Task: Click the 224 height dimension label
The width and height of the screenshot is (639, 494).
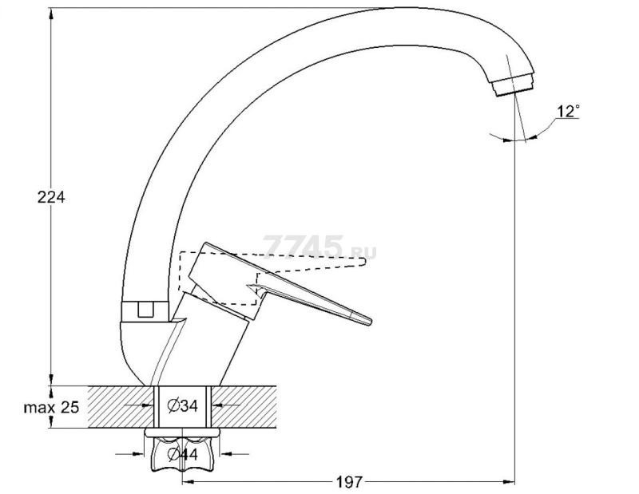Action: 51,197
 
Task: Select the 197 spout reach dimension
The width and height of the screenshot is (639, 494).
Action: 348,482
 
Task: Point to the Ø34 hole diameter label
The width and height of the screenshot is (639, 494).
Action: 183,405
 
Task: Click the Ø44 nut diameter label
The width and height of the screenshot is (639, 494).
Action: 183,454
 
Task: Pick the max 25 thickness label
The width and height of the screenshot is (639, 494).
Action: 51,407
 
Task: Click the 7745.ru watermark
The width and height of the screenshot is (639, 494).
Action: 320,247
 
